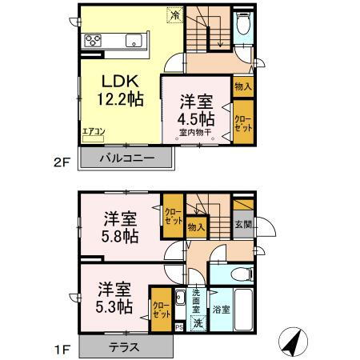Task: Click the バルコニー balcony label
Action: [x=127, y=158]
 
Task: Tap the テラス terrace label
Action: [x=125, y=348]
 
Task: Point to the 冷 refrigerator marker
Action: [x=174, y=14]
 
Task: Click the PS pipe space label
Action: [x=180, y=326]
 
